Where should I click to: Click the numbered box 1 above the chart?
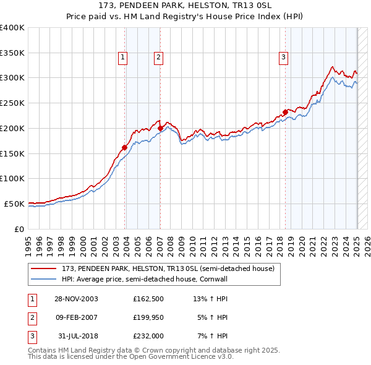123,58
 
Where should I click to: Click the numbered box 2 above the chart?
158,58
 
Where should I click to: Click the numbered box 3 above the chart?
283,58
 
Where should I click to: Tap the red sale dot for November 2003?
125,147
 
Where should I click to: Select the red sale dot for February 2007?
160,128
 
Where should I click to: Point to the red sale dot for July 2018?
285,112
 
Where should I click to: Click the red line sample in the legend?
44,268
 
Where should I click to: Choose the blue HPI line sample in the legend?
44,279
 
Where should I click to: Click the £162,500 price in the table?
148,299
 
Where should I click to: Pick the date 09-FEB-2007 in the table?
77,317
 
